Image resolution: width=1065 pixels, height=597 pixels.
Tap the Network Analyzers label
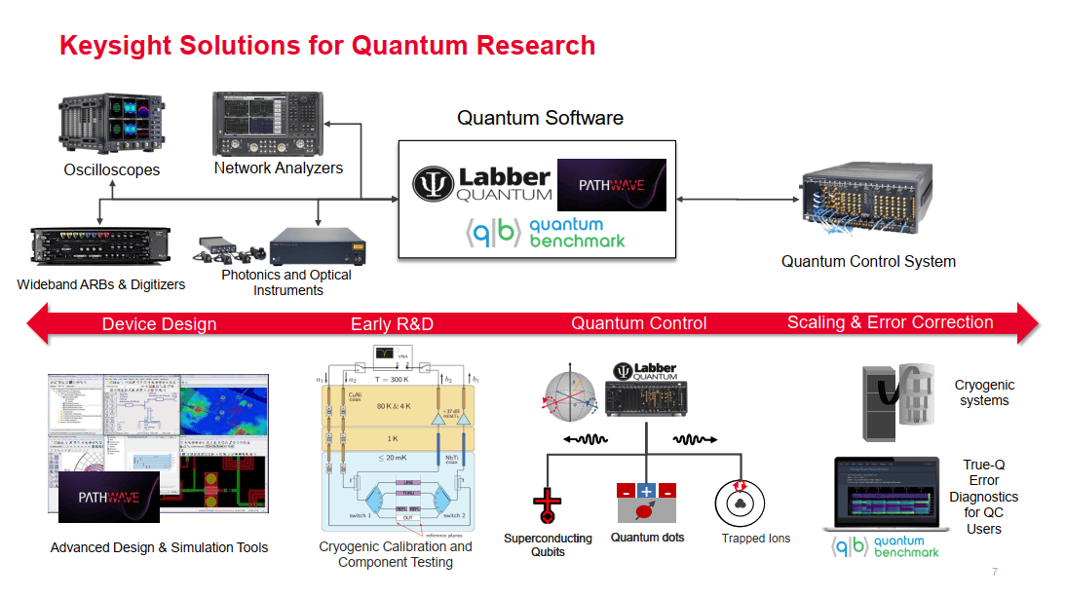pyautogui.click(x=279, y=168)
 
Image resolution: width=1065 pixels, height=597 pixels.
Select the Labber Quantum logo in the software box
pyautogui.click(x=480, y=184)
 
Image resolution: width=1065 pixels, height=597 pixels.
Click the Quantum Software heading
pyautogui.click(x=540, y=118)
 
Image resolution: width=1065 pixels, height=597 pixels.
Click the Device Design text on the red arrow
pyautogui.click(x=159, y=324)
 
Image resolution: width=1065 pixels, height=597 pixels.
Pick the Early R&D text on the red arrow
pyautogui.click(x=392, y=324)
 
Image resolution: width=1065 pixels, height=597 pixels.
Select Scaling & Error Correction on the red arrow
pyautogui.click(x=890, y=323)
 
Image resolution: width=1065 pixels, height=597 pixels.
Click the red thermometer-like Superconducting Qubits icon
pyautogui.click(x=548, y=506)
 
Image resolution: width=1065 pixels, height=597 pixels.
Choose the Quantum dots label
pyautogui.click(x=647, y=538)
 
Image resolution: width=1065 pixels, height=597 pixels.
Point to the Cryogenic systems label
pyautogui.click(x=983, y=393)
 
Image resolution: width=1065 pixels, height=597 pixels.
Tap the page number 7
pyautogui.click(x=994, y=572)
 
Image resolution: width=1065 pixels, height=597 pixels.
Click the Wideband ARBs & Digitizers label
pyautogui.click(x=100, y=285)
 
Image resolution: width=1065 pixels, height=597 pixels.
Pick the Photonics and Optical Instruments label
pyautogui.click(x=287, y=282)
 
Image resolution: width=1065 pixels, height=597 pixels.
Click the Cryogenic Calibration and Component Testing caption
pyautogui.click(x=395, y=554)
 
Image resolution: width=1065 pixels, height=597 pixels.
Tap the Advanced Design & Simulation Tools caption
pyautogui.click(x=159, y=548)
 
